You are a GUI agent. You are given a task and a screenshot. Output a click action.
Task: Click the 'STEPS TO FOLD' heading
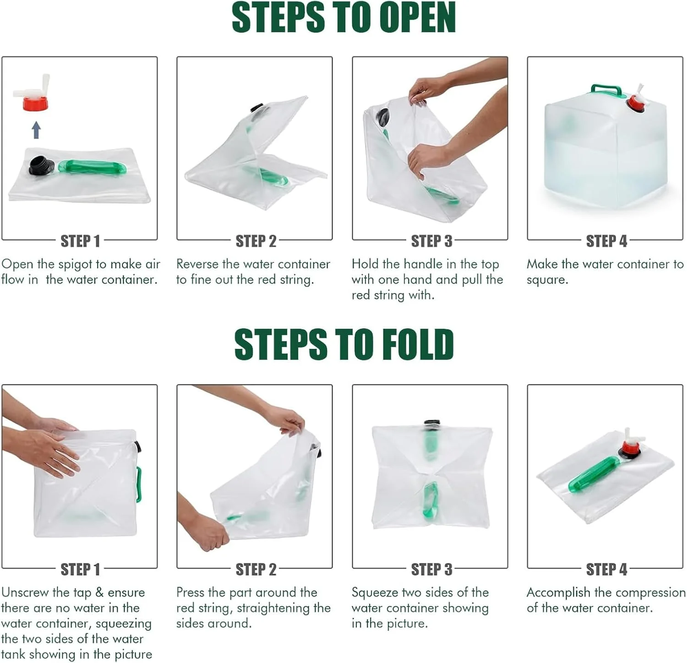[x=343, y=344]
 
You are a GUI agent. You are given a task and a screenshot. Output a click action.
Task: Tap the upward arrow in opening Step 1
[x=37, y=130]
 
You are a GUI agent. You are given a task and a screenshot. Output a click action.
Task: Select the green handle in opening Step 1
[x=92, y=167]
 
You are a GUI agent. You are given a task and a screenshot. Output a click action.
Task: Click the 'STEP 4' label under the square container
[x=606, y=241]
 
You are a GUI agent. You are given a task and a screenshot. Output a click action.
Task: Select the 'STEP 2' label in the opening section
[x=256, y=241]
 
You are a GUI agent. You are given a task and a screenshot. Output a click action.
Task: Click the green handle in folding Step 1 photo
[x=138, y=484]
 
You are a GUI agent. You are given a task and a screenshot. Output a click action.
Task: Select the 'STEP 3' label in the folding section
[x=431, y=569]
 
